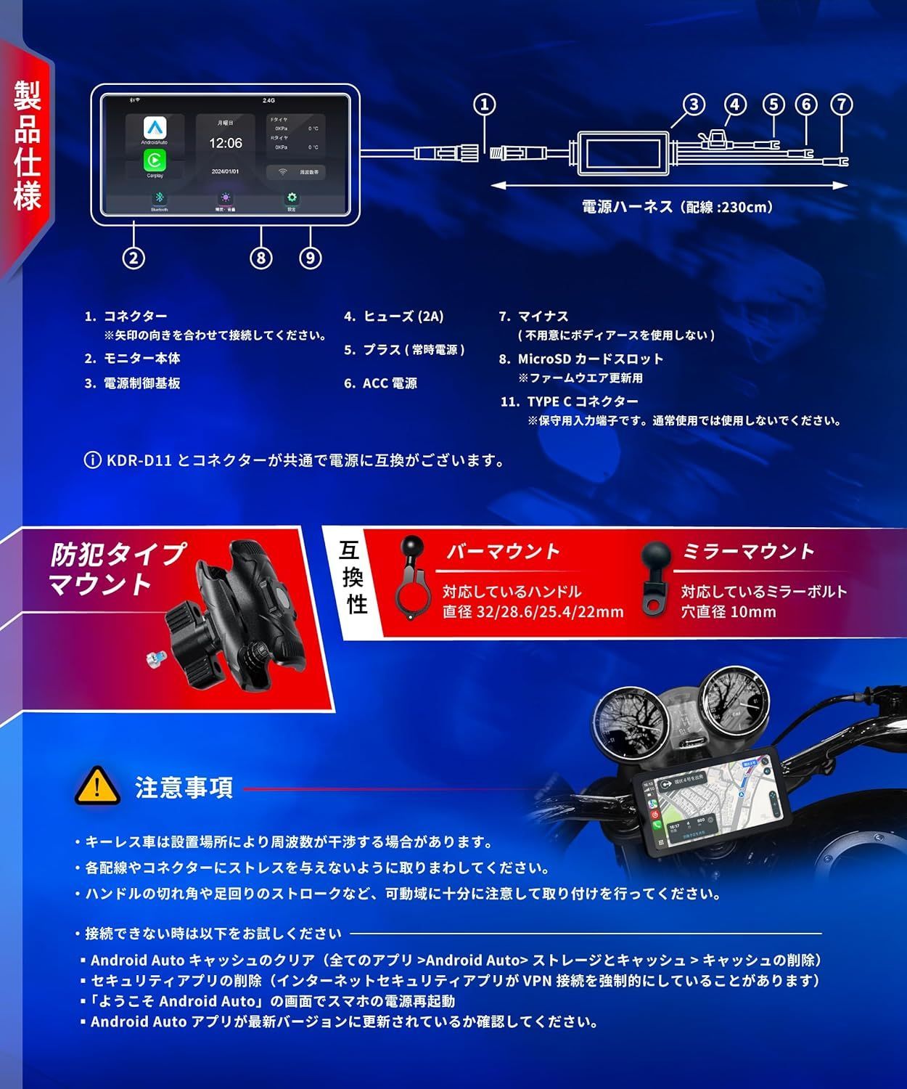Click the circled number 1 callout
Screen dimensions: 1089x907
click(x=485, y=105)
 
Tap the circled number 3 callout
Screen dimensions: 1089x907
click(x=694, y=105)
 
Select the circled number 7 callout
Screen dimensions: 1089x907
click(x=842, y=105)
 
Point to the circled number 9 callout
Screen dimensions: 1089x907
click(x=311, y=258)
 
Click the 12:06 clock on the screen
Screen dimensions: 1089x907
click(x=226, y=143)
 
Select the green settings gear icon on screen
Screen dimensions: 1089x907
click(x=292, y=198)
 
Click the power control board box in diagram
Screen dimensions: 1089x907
click(x=623, y=153)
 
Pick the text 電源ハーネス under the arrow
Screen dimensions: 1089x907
click(x=628, y=207)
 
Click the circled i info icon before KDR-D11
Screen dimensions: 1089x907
click(x=93, y=460)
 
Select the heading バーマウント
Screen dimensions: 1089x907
click(x=503, y=552)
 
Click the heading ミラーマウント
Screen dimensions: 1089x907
click(x=747, y=552)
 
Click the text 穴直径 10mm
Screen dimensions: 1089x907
click(x=728, y=612)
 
